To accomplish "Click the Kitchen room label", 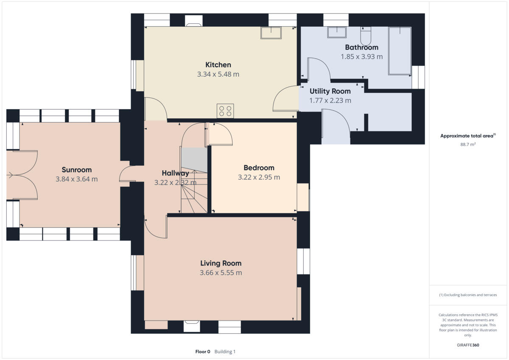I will [x=218, y=65].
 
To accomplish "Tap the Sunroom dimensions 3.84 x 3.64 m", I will [x=77, y=179].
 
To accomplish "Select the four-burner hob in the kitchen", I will [x=225, y=111].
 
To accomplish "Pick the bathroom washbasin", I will [x=336, y=32].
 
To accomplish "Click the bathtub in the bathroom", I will [x=400, y=50].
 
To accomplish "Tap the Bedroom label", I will [x=259, y=167].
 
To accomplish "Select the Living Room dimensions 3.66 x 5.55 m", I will [x=221, y=273].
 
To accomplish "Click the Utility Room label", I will [x=330, y=91].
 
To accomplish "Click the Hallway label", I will [x=175, y=173].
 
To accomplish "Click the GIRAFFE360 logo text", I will [x=468, y=345].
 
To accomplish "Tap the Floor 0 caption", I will [x=203, y=352].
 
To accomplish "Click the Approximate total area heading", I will [x=467, y=136].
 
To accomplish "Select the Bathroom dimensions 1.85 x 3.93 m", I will [x=362, y=56].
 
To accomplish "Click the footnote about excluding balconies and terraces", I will [x=468, y=295].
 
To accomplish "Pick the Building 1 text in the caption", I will [x=225, y=352].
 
